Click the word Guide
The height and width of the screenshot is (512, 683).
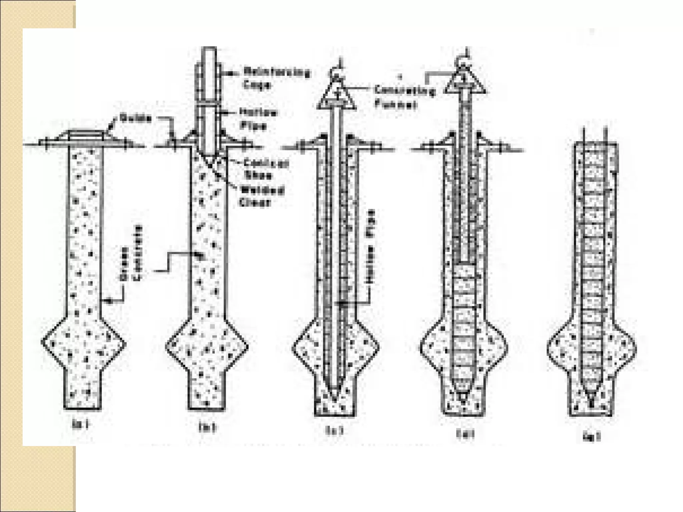(136, 118)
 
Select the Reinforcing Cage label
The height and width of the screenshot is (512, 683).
(276, 78)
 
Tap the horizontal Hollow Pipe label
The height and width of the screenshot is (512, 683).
(258, 119)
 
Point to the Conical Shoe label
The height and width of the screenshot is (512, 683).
(266, 169)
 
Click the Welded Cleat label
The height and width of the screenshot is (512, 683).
(261, 196)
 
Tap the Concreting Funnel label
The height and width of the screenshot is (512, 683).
(404, 97)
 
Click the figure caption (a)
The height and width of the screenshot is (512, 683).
(80, 424)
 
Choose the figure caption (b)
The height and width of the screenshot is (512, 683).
(207, 427)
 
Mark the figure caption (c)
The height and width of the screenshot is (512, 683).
(334, 430)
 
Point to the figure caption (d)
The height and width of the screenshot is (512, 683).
(465, 434)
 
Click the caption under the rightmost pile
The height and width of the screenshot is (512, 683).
(592, 437)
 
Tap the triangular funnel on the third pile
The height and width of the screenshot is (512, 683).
(337, 97)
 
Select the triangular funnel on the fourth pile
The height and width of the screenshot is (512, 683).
(465, 83)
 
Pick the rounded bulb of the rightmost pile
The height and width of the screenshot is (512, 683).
(592, 348)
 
